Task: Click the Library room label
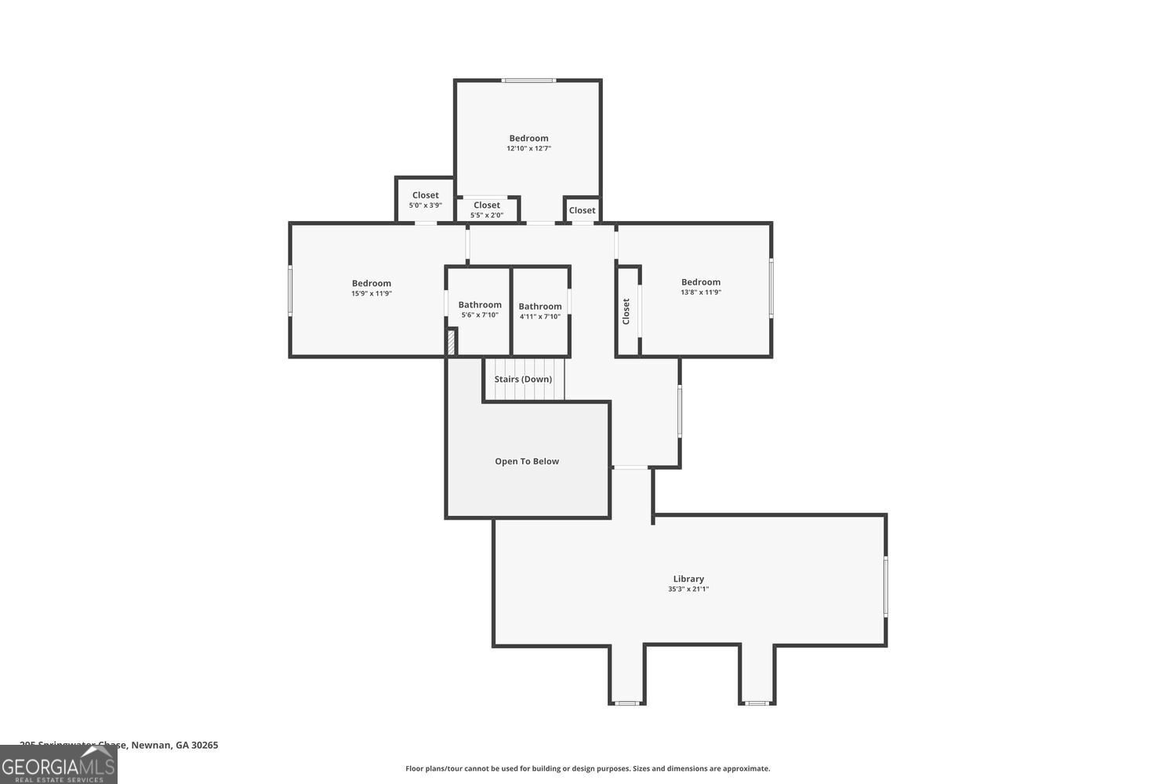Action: point(688,579)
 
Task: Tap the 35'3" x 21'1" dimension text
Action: point(688,589)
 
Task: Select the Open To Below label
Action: point(527,461)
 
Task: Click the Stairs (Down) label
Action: point(523,379)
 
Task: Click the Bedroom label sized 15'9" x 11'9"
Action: point(372,283)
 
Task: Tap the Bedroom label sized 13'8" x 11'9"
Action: point(701,282)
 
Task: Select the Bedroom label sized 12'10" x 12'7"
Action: point(528,138)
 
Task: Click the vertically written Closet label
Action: point(626,311)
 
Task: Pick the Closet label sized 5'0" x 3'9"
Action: point(426,195)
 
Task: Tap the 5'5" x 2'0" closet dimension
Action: point(487,215)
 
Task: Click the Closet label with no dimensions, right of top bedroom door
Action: point(582,210)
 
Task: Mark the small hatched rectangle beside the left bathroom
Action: point(451,343)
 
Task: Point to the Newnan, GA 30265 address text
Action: point(174,745)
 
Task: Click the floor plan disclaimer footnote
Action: point(587,768)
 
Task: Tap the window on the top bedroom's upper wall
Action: point(529,80)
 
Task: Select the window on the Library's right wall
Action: point(886,586)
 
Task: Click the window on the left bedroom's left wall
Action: point(290,291)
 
